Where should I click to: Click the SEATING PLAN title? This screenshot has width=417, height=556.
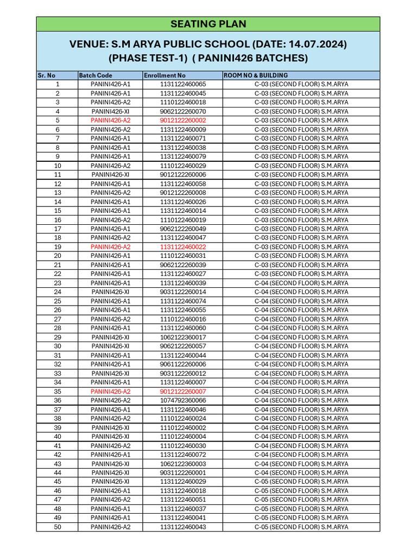coord(208,24)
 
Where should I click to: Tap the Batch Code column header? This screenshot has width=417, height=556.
coord(96,75)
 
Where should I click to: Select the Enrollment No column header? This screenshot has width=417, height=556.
coord(165,75)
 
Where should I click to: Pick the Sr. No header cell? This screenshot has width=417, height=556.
coord(47,75)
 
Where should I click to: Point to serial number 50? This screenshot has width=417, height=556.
coord(58,527)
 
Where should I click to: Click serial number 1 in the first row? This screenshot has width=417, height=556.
coord(58,84)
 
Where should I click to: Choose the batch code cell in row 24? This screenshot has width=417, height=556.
coord(110,292)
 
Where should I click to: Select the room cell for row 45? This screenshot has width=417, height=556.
coord(301,482)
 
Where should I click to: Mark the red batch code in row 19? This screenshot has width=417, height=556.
coord(110,247)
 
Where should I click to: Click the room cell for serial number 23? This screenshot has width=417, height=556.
coord(301,283)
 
